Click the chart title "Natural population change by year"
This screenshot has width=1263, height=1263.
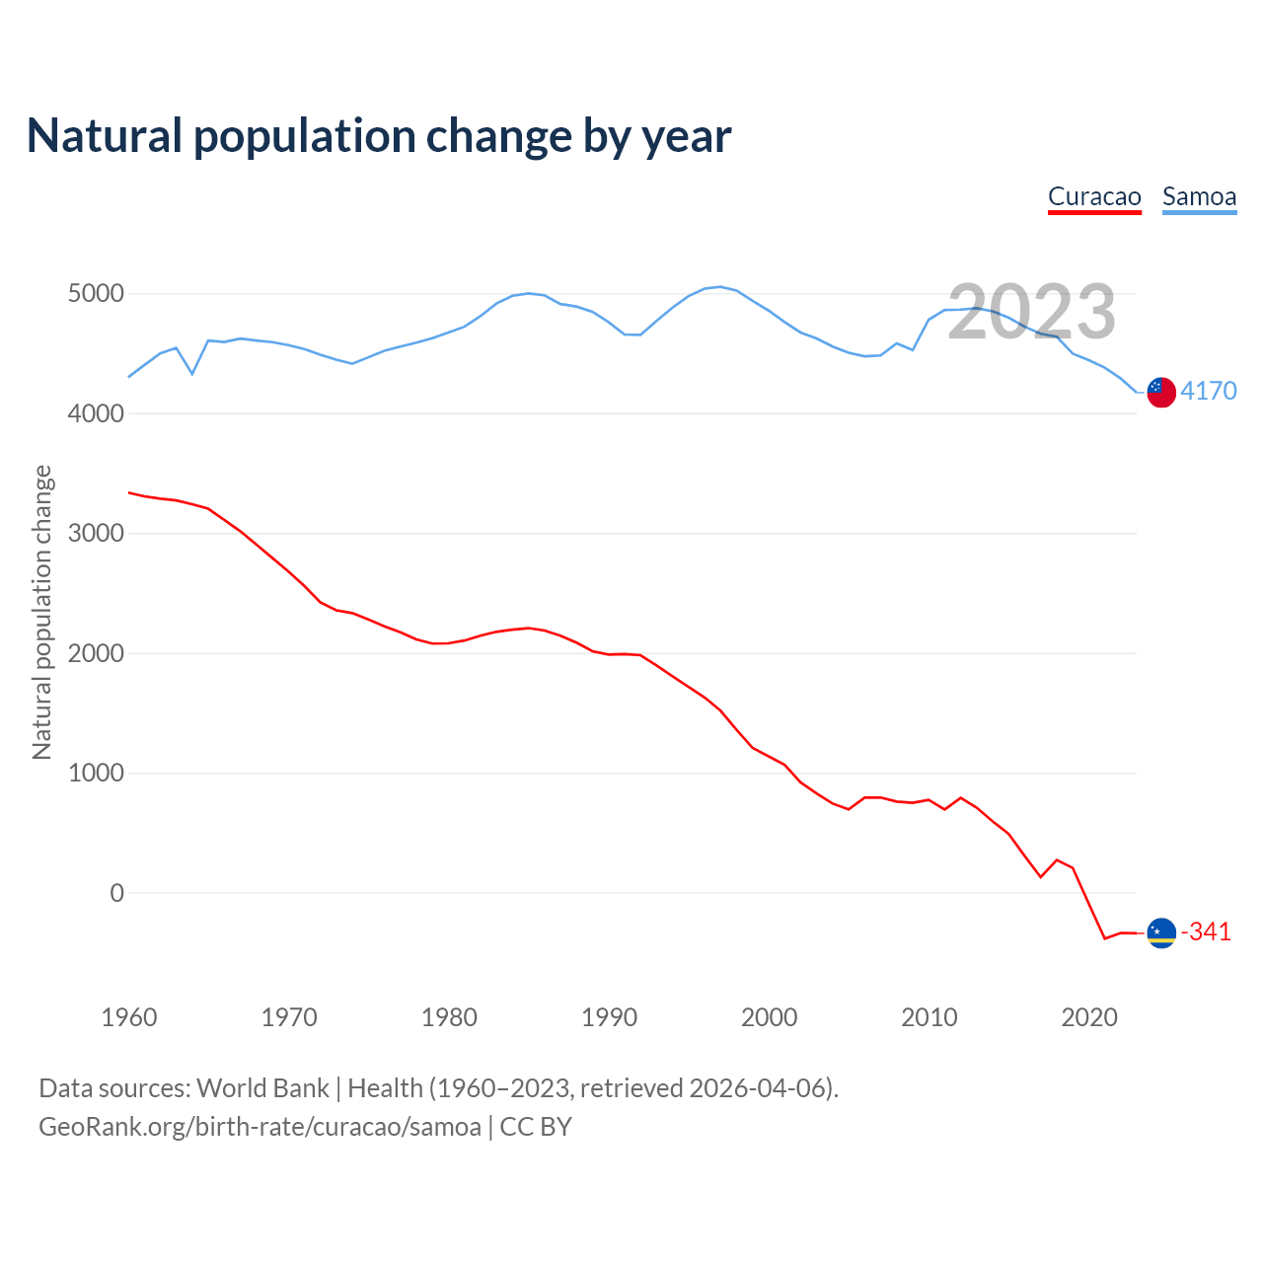click(379, 136)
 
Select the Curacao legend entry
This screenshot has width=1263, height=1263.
click(1094, 196)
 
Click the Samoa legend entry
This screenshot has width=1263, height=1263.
click(1199, 196)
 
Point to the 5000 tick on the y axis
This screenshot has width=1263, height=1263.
click(96, 294)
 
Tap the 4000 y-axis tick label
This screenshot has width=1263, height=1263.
click(96, 414)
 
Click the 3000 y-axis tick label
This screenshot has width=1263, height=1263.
click(96, 534)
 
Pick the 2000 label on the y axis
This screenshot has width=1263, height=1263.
click(96, 654)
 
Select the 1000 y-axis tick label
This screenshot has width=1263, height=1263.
click(96, 774)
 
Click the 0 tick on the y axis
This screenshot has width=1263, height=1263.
click(117, 893)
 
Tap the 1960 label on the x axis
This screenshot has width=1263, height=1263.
click(129, 1017)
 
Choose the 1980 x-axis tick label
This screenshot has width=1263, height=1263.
click(449, 1017)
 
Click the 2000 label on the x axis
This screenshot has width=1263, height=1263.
click(769, 1017)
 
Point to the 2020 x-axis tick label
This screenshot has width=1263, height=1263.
click(1089, 1017)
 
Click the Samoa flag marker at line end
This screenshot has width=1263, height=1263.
click(1161, 392)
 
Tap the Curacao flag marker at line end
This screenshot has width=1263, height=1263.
click(1161, 932)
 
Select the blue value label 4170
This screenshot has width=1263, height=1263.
click(1209, 392)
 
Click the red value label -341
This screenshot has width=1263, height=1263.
click(1206, 932)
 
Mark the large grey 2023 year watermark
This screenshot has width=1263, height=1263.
click(1031, 312)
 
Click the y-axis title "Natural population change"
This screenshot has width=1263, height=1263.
click(42, 613)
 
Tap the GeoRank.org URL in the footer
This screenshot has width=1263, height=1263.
click(260, 1127)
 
